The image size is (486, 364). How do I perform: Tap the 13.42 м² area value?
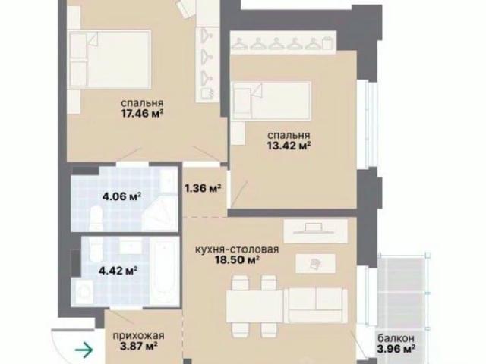click(289, 146)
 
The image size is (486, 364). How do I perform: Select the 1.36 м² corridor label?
click(203, 188)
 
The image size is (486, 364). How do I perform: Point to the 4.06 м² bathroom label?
click(121, 196)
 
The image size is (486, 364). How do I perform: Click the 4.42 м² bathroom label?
click(118, 271)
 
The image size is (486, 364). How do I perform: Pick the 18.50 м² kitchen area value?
click(238, 260)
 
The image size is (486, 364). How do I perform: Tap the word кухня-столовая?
click(237, 249)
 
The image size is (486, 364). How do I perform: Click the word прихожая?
click(138, 335)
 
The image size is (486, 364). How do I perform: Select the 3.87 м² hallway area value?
click(138, 346)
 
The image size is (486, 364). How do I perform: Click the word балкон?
click(396, 338)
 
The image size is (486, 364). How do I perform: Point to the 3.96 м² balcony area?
click(396, 349)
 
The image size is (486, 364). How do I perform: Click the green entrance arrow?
click(84, 350)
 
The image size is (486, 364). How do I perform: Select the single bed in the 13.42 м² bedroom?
click(272, 101)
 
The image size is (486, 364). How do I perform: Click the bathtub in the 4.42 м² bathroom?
click(165, 271)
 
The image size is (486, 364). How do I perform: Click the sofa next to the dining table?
click(317, 305)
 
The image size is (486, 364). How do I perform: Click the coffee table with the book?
click(315, 264)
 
